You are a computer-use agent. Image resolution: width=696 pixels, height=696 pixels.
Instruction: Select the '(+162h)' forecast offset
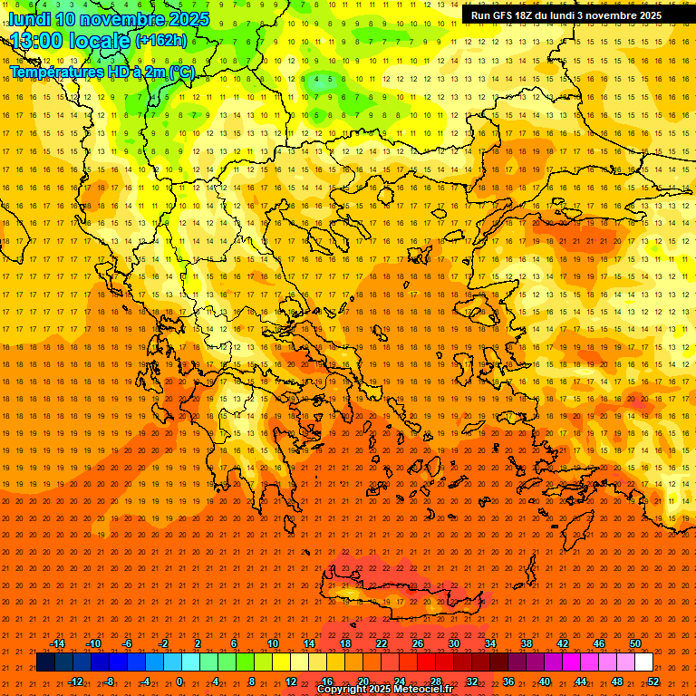pyautogui.click(x=160, y=41)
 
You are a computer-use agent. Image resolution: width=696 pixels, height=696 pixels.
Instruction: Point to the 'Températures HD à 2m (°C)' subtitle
pyautogui.click(x=101, y=72)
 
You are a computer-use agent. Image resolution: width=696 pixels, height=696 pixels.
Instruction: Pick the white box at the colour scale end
pyautogui.click(x=643, y=662)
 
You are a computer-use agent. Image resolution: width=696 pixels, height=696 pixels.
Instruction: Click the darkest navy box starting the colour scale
pyautogui.click(x=45, y=662)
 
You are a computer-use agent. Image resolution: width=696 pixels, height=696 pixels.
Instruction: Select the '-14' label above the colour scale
pyautogui.click(x=57, y=643)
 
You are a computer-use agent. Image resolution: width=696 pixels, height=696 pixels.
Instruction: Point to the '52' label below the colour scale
pyautogui.click(x=653, y=681)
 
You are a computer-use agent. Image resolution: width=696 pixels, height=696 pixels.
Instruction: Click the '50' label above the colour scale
pyautogui.click(x=635, y=643)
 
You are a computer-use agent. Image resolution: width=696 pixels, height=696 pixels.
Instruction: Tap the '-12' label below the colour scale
pyautogui.click(x=75, y=681)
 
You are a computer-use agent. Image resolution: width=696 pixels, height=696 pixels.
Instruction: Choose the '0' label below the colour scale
pyautogui.click(x=179, y=681)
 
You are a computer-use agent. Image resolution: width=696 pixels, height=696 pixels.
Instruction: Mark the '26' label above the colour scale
pyautogui.click(x=418, y=643)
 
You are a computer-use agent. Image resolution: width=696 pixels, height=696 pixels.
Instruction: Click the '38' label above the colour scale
pyautogui.click(x=527, y=643)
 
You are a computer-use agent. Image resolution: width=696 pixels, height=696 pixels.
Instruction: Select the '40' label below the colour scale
pyautogui.click(x=545, y=681)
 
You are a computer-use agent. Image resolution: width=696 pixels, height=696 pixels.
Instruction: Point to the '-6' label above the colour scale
pyautogui.click(x=128, y=643)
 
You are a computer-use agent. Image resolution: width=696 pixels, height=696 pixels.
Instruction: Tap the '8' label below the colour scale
pyautogui.click(x=252, y=681)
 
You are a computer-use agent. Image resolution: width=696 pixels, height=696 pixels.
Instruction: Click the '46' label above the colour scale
pyautogui.click(x=599, y=643)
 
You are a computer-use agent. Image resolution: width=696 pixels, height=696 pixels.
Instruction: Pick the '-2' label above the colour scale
pyautogui.click(x=164, y=643)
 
